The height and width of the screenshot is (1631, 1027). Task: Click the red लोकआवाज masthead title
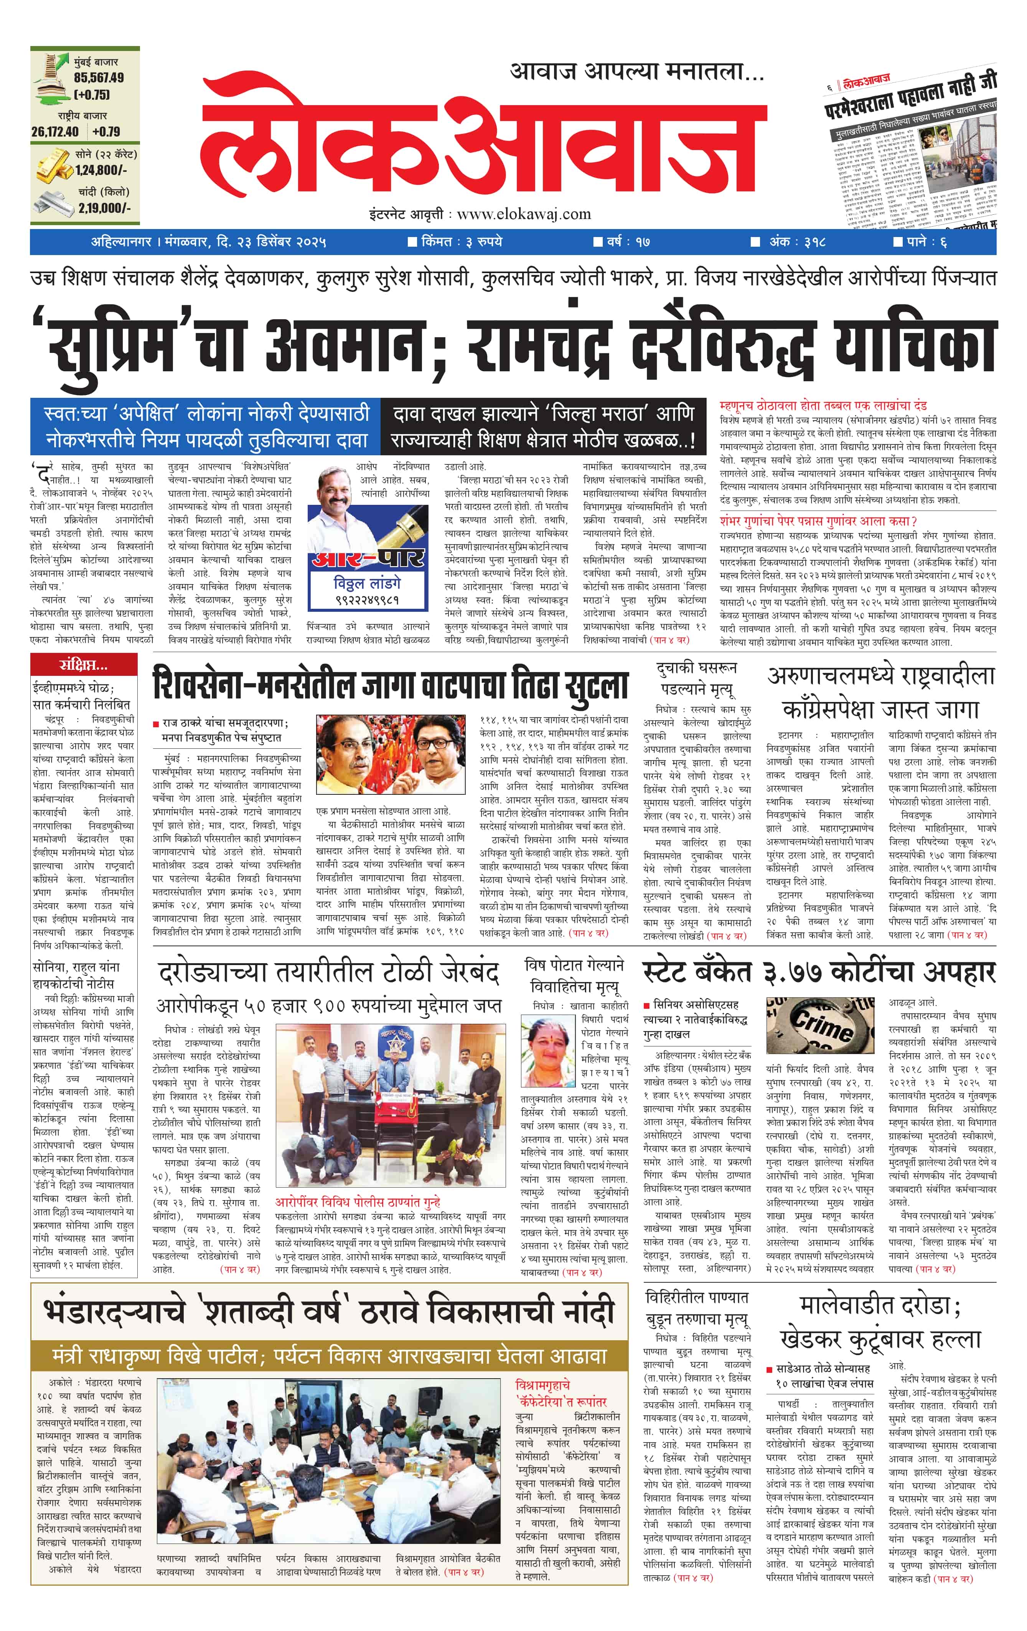click(485, 141)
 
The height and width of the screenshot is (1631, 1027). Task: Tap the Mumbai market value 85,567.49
click(99, 78)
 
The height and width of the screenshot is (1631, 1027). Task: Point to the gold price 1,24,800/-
click(101, 171)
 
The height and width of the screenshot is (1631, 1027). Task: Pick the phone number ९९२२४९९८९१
click(366, 600)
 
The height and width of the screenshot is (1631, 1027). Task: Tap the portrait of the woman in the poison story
click(547, 1053)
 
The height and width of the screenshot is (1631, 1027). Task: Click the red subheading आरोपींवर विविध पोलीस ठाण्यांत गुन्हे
click(357, 1202)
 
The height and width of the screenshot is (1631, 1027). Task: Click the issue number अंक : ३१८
click(796, 242)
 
